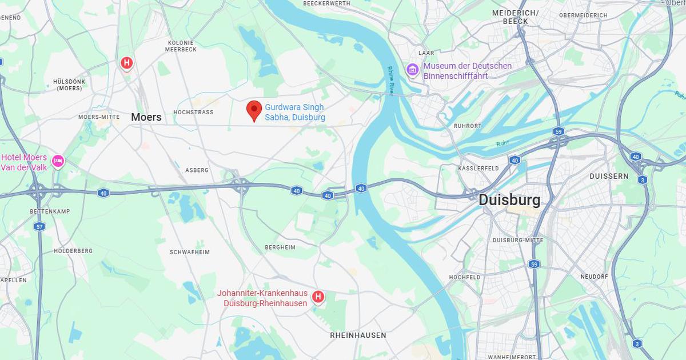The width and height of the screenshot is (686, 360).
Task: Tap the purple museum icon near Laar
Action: click(412, 70)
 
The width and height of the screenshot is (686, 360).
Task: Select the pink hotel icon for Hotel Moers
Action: click(58, 162)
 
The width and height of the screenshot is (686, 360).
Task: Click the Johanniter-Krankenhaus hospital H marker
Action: click(318, 297)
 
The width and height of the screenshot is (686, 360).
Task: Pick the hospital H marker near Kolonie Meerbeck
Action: click(126, 63)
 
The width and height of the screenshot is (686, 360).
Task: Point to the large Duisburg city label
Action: click(509, 200)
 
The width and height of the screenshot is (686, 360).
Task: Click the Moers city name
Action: click(146, 117)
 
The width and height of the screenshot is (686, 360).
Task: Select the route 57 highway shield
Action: click(39, 226)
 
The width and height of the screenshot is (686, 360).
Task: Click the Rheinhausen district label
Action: click(358, 335)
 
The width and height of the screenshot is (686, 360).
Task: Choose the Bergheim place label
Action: click(280, 247)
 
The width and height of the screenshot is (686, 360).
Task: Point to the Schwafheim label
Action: click(190, 252)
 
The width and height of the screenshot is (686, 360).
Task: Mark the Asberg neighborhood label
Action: click(197, 170)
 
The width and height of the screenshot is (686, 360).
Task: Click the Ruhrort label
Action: click(467, 126)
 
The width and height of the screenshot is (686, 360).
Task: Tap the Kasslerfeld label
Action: click(478, 169)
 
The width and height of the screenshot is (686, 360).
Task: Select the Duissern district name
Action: click(609, 177)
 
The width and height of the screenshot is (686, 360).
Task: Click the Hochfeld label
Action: click(465, 277)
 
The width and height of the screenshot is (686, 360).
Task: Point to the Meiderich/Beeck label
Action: click(515, 17)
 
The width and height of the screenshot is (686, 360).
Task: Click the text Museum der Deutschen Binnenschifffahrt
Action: click(467, 71)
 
